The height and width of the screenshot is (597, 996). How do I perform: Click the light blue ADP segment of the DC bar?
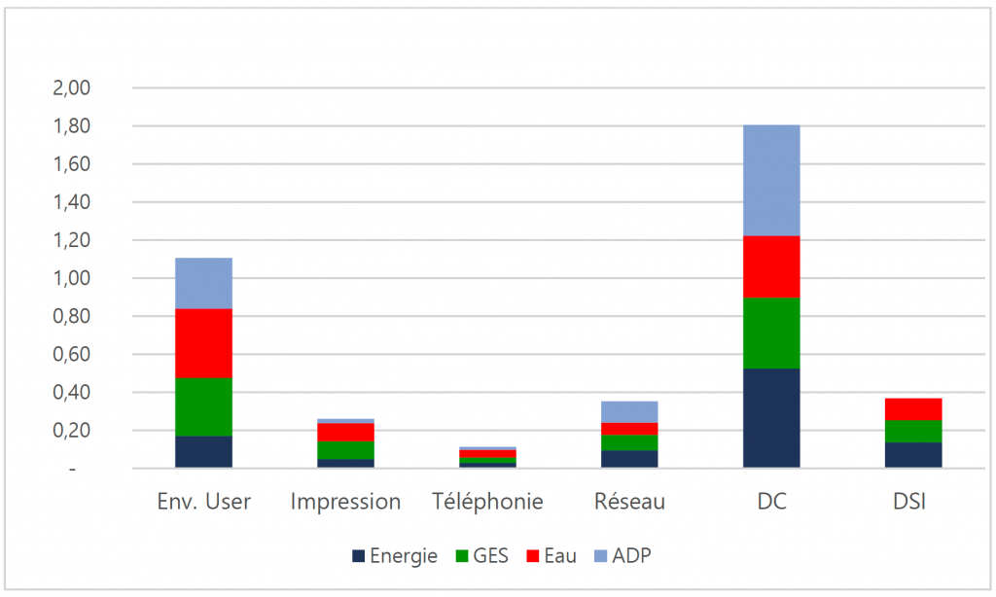point(771,180)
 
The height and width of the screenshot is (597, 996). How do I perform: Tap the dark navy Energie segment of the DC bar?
point(771,418)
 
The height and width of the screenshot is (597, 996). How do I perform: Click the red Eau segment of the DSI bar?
point(913,408)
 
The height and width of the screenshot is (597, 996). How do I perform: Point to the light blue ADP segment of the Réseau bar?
point(629,412)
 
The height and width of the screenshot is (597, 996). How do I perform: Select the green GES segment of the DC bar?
point(771,333)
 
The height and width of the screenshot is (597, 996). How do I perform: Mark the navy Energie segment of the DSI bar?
point(913,455)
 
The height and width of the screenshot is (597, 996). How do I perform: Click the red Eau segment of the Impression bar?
point(345,432)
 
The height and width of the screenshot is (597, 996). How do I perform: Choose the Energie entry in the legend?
point(395,556)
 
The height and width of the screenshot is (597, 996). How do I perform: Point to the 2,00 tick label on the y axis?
point(69,88)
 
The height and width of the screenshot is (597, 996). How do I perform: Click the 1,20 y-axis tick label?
point(69,240)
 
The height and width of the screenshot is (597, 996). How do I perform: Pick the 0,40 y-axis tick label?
point(69,393)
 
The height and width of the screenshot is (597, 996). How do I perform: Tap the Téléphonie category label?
point(487,503)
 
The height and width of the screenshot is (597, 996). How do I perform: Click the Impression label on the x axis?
point(345,503)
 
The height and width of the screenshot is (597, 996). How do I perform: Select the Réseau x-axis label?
point(629,503)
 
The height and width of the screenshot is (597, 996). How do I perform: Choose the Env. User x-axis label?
point(203,503)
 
